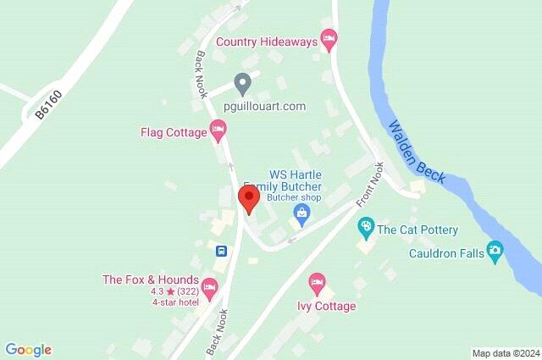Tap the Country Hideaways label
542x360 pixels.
pos(266,41)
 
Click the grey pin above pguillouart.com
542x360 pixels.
pos(242,84)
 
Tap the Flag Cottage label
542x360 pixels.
pos(174,132)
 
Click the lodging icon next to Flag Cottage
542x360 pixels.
pos(218,131)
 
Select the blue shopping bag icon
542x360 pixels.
pos(300,213)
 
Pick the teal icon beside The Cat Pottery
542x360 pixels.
pos(365,227)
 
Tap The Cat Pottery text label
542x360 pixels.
pos(418,230)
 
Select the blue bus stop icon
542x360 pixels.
pos(220,251)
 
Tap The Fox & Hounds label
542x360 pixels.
pos(150,280)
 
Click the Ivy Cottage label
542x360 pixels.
pos(326,306)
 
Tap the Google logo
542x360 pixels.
pos(28,349)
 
